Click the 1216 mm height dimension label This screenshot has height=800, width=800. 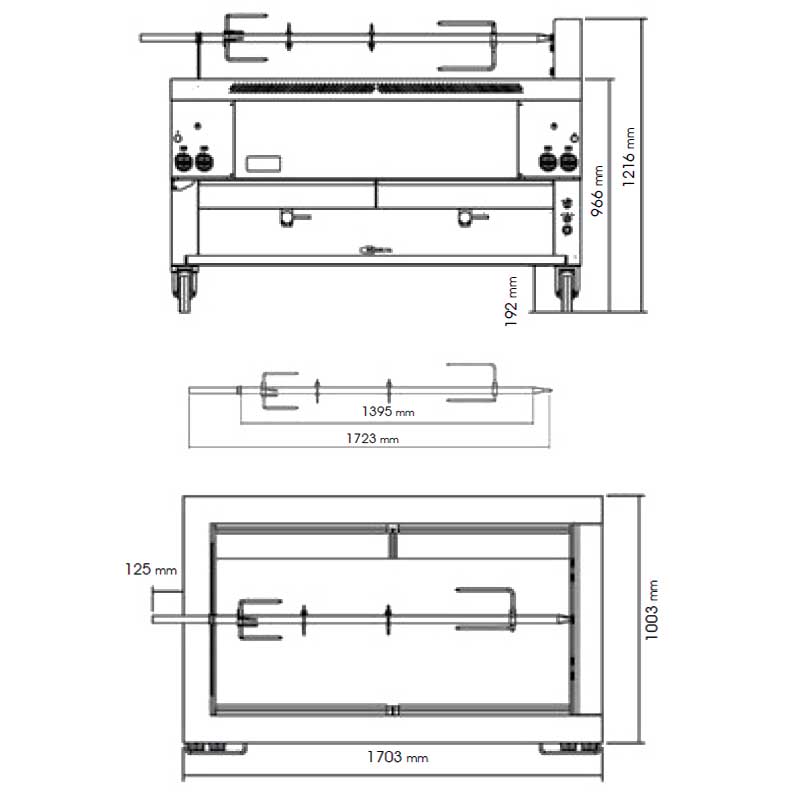pyautogui.click(x=629, y=157)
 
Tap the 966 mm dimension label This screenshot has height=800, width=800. pyautogui.click(x=597, y=190)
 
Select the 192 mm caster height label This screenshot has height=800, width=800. pyautogui.click(x=511, y=301)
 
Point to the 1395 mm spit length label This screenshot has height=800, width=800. pyautogui.click(x=388, y=411)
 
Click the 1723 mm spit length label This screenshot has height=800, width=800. pyautogui.click(x=372, y=438)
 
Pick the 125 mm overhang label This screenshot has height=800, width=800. pyautogui.click(x=151, y=569)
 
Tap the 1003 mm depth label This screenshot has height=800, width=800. pyautogui.click(x=652, y=610)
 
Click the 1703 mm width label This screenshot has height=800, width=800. pyautogui.click(x=397, y=757)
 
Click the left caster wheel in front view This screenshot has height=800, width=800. pyautogui.click(x=184, y=289)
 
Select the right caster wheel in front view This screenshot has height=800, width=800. pyautogui.click(x=567, y=289)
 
